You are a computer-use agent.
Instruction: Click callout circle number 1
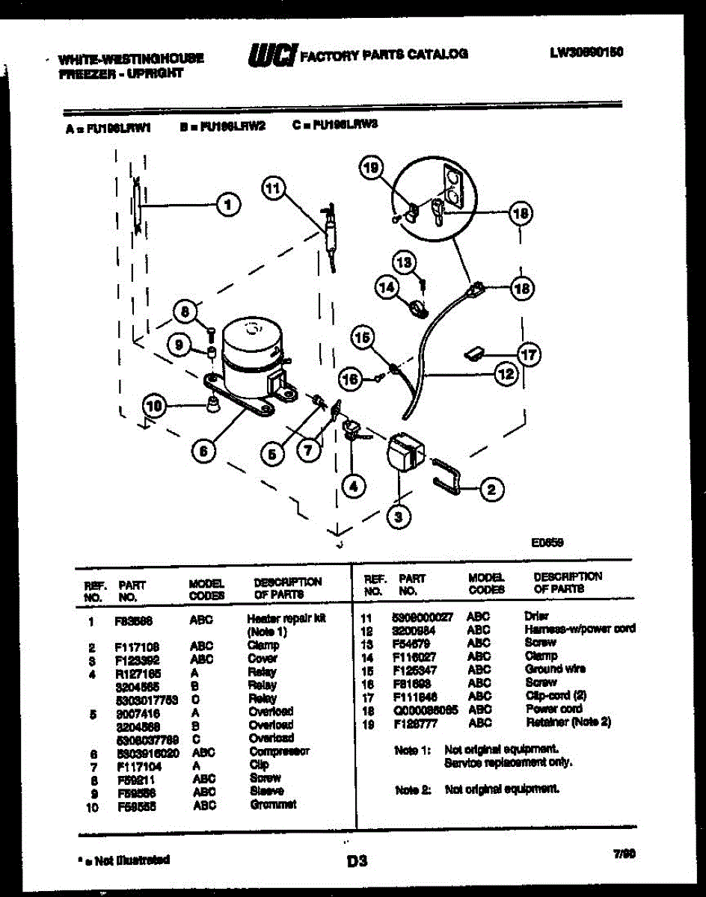coord(229,203)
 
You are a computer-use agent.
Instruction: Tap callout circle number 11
coord(274,189)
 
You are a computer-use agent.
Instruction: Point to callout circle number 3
coord(399,516)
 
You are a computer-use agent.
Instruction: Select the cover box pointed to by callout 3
coord(404,451)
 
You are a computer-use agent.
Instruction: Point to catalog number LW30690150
coord(586,52)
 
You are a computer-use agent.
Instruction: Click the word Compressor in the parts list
coord(279,751)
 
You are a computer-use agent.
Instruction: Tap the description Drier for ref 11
coord(537,616)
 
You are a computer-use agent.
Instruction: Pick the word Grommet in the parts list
coord(273,805)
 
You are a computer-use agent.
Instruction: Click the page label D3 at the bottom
coord(357,862)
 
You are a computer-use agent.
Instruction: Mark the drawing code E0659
coord(547,543)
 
